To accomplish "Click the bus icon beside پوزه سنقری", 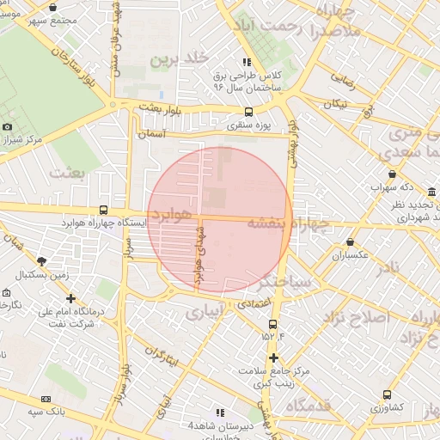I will (249, 112).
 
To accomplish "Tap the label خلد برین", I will (180, 58).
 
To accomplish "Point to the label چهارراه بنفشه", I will (288, 223).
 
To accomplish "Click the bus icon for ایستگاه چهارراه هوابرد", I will (104, 210).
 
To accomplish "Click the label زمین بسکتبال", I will (41, 275).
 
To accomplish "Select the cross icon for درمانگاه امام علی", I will (70, 297).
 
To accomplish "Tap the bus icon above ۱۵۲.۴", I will (273, 324).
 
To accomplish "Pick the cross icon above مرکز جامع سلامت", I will (273, 357).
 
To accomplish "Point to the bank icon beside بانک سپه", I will (45, 399).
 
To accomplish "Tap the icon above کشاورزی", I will (387, 394).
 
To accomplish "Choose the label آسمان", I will (150, 135).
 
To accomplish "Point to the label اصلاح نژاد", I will (356, 317).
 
